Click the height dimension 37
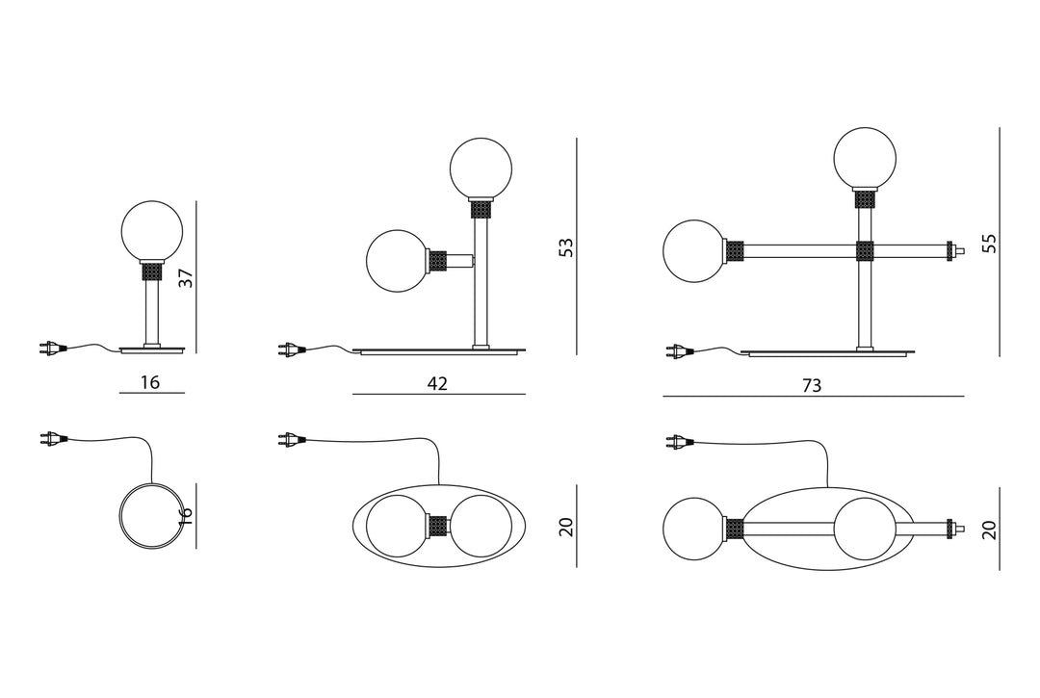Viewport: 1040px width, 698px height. [x=187, y=277]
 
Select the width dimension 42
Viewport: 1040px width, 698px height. [x=438, y=383]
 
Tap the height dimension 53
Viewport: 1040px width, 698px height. [x=566, y=247]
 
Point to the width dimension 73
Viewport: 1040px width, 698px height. [x=812, y=385]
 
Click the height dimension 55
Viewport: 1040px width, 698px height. [x=990, y=243]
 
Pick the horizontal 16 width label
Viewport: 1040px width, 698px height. [x=150, y=382]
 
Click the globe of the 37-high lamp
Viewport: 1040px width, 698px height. [x=152, y=231]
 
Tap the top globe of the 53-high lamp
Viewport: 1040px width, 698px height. [x=481, y=168]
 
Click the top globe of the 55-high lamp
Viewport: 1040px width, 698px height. [x=866, y=159]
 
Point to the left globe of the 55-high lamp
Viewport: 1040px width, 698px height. [x=694, y=251]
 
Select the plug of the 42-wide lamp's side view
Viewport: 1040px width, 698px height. [x=290, y=348]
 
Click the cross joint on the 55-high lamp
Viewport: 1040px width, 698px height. [x=865, y=251]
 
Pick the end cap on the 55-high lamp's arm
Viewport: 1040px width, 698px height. [x=956, y=250]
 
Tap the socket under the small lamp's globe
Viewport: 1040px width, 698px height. [x=152, y=271]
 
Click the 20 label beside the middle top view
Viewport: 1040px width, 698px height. [x=566, y=527]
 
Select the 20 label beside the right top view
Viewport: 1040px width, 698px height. [x=990, y=530]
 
